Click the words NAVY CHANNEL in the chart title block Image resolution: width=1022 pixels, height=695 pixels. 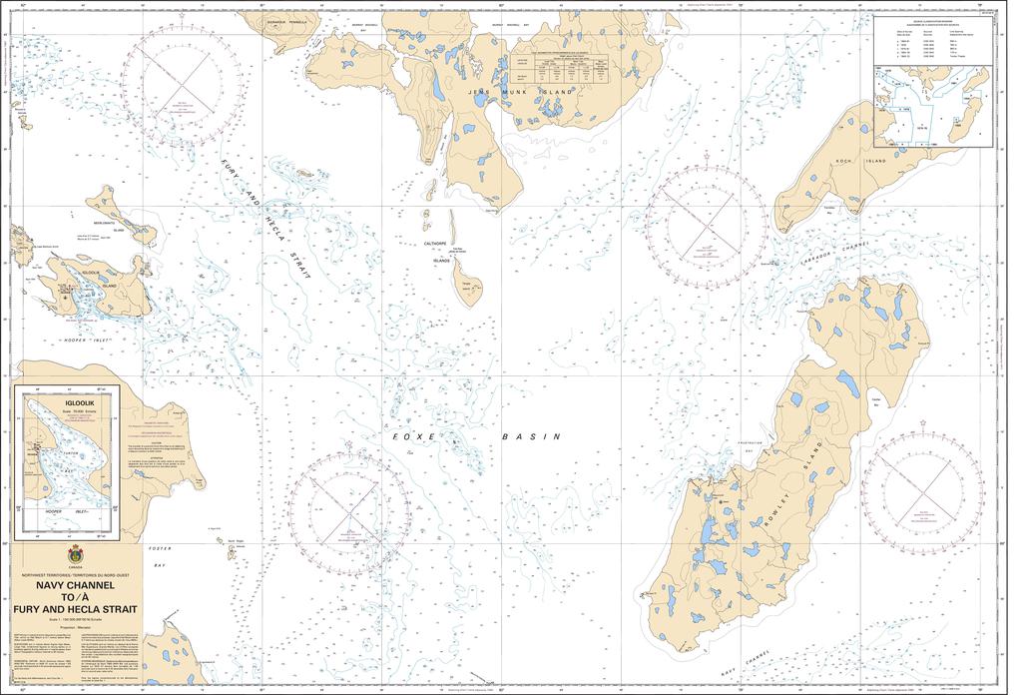[x=75, y=586]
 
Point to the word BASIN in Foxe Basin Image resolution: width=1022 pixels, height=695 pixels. [x=531, y=436]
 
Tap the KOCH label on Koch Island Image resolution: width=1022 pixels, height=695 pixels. [x=851, y=160]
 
